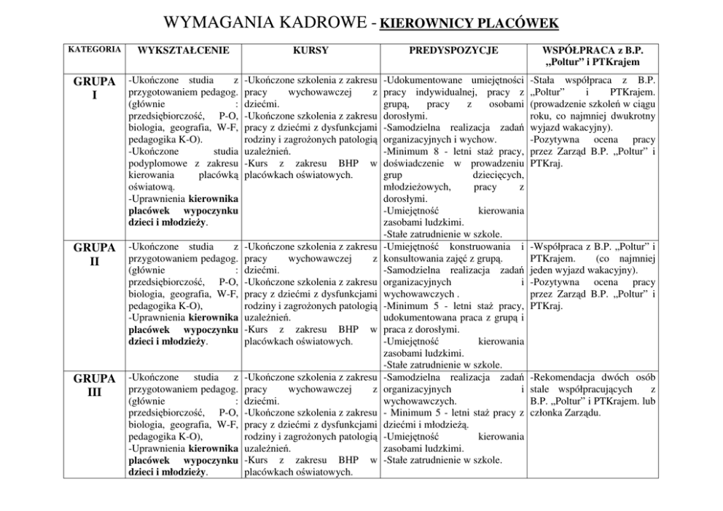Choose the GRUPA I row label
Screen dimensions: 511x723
[94, 87]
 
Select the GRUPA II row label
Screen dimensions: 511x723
[94, 253]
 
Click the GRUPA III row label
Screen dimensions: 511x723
[94, 385]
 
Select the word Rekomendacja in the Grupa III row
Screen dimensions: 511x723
[566, 378]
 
